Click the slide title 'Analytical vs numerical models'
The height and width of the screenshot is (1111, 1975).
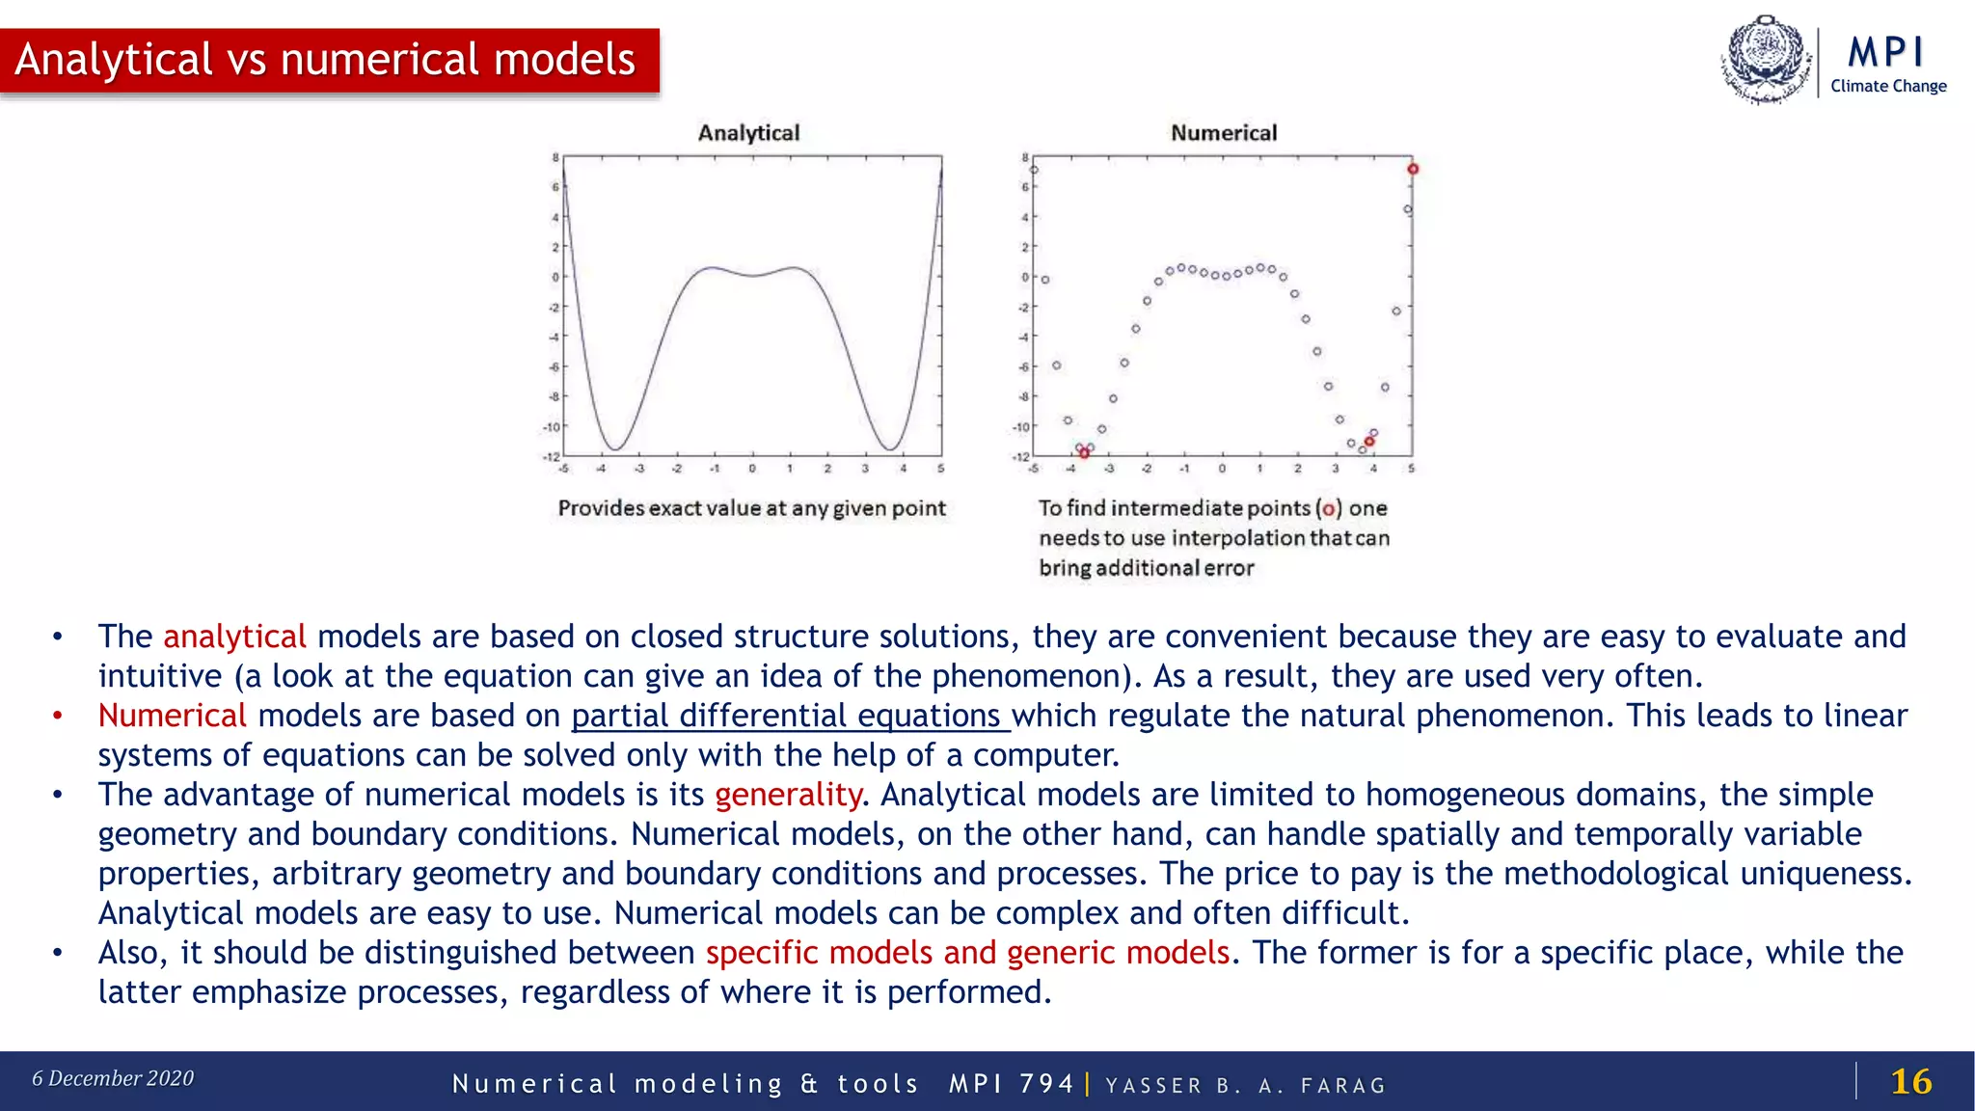coord(325,60)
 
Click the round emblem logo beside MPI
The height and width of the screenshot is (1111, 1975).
coord(1766,59)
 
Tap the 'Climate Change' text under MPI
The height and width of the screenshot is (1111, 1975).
coord(1888,86)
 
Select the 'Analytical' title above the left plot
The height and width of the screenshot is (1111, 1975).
coord(748,133)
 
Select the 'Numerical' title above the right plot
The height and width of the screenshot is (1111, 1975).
coord(1223,133)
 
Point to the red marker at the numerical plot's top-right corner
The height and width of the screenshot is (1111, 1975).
coord(1413,169)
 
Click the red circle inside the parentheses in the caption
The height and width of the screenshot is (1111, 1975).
coord(1329,509)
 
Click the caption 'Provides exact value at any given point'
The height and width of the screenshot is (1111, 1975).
coord(751,508)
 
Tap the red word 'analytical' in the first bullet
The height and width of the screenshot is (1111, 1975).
coord(234,637)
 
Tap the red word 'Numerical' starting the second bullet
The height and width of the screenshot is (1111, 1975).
coord(172,716)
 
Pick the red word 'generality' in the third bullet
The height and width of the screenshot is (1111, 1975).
coord(788,795)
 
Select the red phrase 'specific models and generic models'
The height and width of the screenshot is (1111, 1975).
coord(967,953)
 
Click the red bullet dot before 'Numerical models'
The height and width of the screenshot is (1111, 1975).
coord(58,716)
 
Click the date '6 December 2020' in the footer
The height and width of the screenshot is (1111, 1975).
coord(113,1078)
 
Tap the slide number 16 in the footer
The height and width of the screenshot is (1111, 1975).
coord(1910,1081)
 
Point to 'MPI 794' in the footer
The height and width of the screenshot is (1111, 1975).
coord(1011,1084)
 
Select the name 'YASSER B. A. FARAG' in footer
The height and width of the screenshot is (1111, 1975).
coord(1245,1086)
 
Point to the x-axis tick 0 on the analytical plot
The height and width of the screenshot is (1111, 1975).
coord(752,469)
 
